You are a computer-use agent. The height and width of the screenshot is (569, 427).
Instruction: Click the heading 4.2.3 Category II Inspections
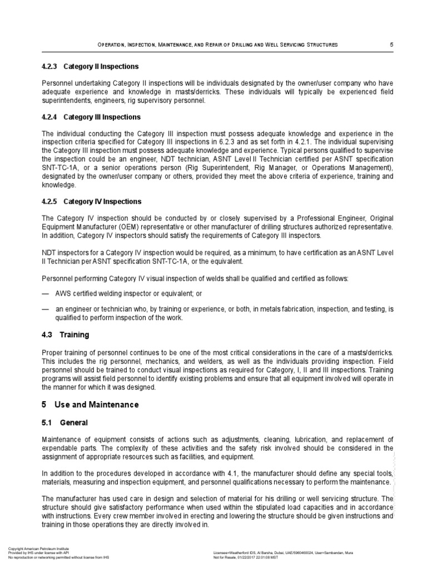click(91, 67)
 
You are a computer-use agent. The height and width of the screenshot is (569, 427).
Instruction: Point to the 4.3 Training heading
click(66, 336)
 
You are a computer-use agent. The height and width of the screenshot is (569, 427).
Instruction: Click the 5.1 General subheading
click(66, 423)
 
